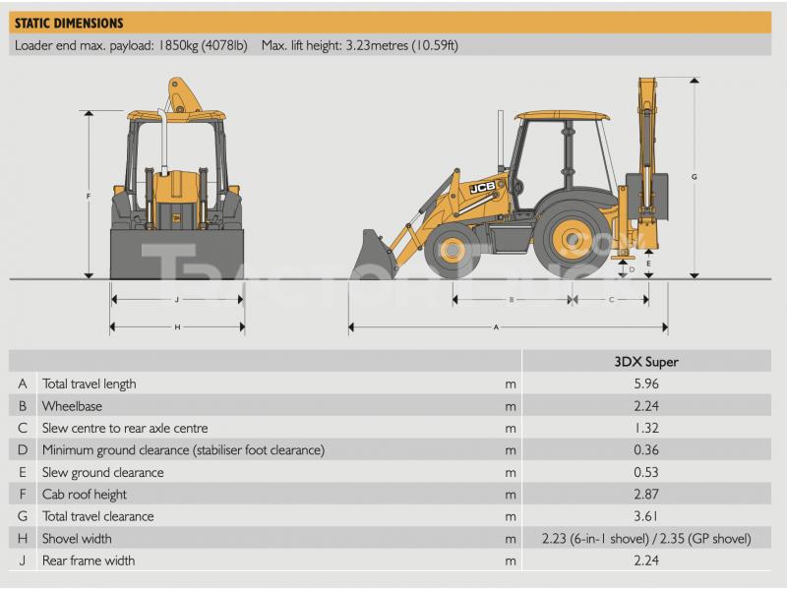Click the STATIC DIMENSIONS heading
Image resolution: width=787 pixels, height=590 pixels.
click(x=69, y=23)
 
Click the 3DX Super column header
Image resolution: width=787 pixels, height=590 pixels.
click(x=646, y=362)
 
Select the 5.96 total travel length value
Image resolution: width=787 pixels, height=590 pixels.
click(x=646, y=383)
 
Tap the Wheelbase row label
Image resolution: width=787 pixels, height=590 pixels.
click(x=72, y=406)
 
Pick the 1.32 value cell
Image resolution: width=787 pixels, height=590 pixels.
click(x=646, y=428)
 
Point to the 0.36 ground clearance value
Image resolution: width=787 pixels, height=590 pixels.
click(x=646, y=450)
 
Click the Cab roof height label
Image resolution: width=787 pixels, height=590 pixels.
click(x=85, y=495)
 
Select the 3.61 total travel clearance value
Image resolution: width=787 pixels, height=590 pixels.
click(x=646, y=516)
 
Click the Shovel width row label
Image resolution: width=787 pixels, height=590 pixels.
click(x=77, y=539)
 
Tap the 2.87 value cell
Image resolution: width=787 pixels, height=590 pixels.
click(x=646, y=495)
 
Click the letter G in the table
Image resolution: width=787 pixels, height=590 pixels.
click(x=23, y=516)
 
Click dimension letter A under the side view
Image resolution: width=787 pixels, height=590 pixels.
click(x=496, y=327)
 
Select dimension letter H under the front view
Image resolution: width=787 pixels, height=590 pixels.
click(x=177, y=327)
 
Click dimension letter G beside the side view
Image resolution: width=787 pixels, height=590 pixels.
click(x=695, y=177)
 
